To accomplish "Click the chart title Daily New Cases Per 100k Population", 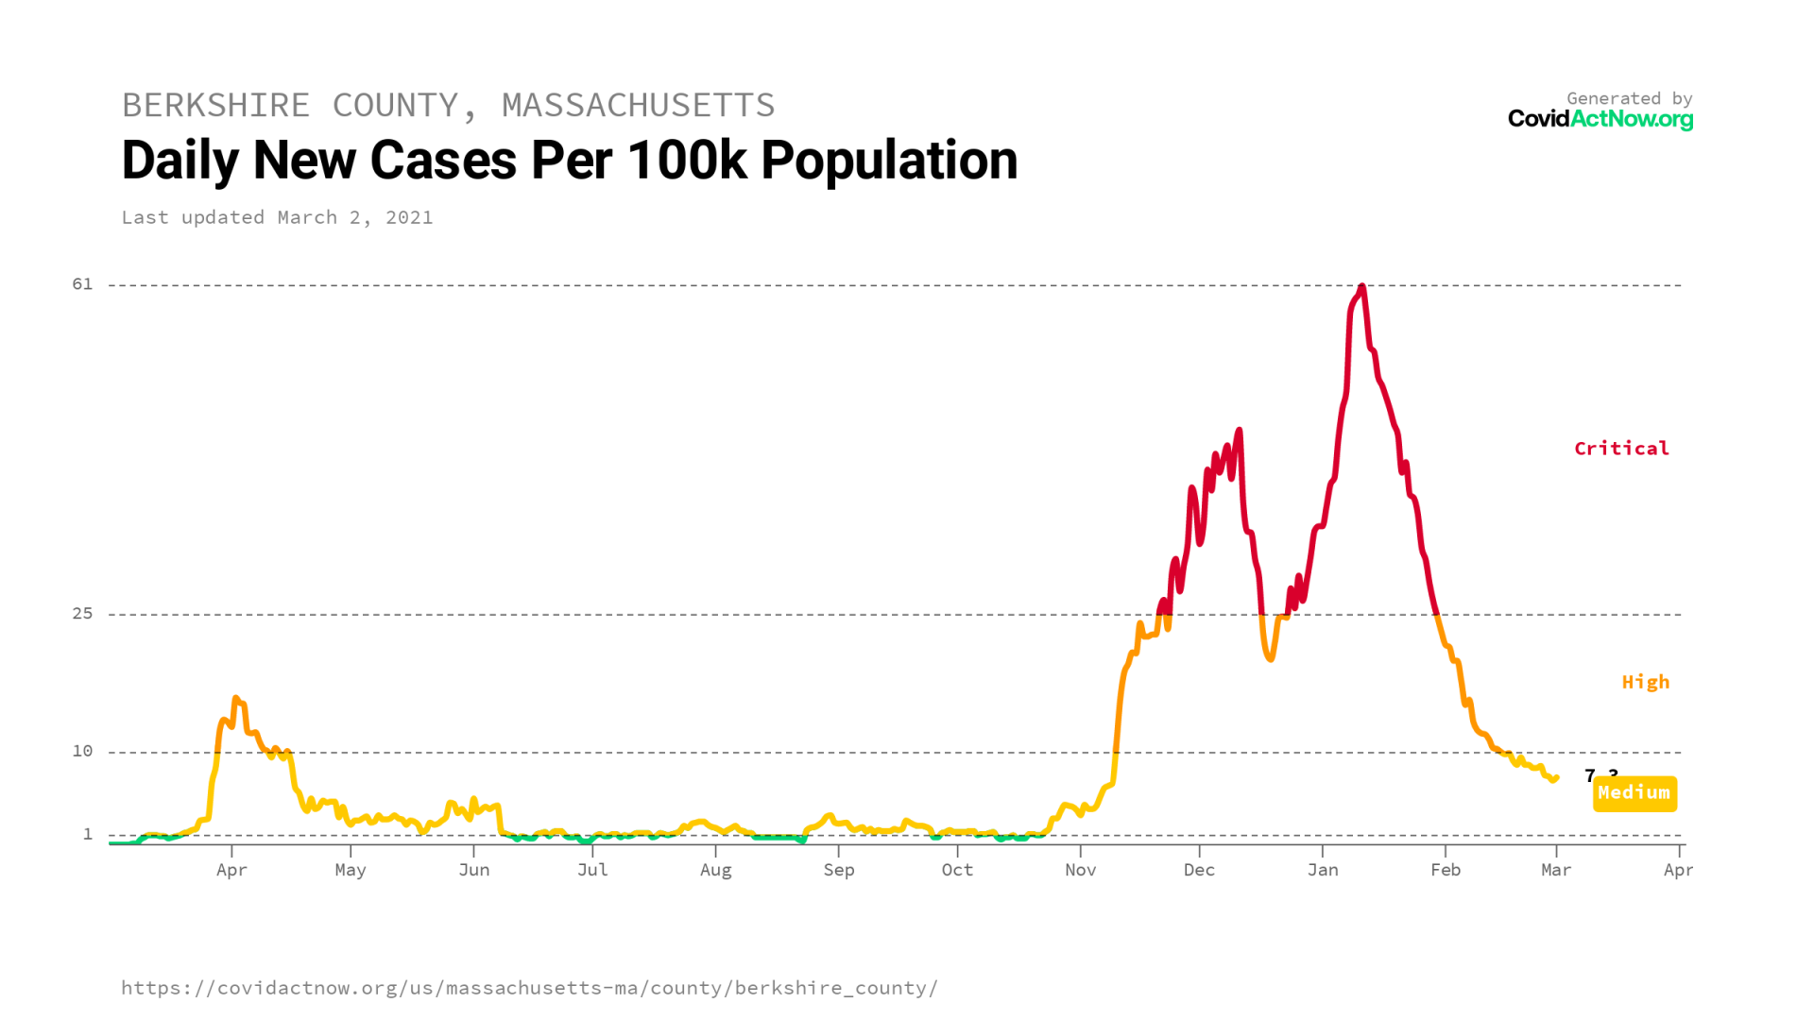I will [570, 161].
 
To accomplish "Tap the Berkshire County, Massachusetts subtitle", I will [448, 105].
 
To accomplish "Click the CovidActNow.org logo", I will [1600, 119].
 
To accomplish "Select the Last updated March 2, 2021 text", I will [277, 217].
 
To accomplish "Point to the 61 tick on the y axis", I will [83, 284].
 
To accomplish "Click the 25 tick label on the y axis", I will [83, 614].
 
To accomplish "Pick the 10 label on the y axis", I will [83, 751].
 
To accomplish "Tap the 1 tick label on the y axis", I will [88, 834].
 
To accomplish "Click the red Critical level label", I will [1621, 449].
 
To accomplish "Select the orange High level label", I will [1645, 682].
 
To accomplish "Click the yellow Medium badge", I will [1634, 793].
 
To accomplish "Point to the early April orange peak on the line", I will [235, 699].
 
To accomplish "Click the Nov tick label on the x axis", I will [1080, 870].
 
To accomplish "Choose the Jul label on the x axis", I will [592, 870].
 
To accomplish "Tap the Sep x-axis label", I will [838, 870].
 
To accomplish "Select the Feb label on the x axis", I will [1445, 870].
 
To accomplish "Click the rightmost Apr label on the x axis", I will [1678, 870].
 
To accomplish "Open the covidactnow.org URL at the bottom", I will [529, 988].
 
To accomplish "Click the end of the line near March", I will [1554, 778].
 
